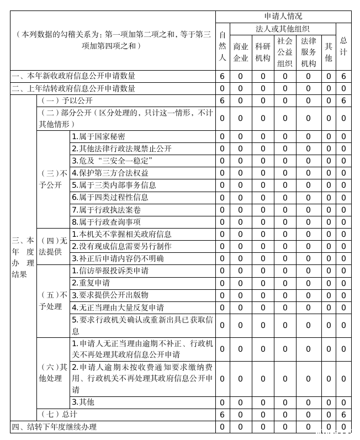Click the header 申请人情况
point(283,16)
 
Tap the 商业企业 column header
point(241,52)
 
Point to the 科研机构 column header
point(263,52)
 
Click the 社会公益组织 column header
point(285,52)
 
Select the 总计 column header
point(343,46)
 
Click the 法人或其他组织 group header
point(282,28)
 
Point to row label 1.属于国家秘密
point(98,136)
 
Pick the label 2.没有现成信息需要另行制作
point(121,246)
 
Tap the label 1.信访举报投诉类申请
point(110,271)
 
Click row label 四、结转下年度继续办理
point(54,427)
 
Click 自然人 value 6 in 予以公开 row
point(222,100)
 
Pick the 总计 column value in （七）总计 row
point(343,414)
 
